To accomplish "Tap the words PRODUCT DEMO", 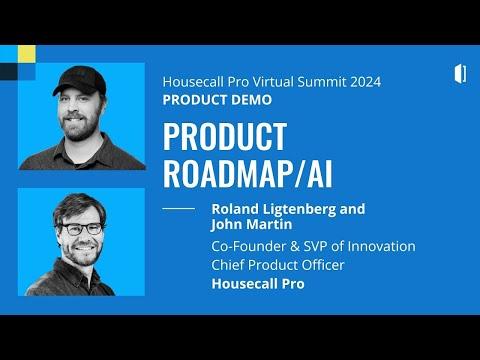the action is [217, 100].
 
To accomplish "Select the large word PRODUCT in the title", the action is [225, 136].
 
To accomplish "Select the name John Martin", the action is [252, 224].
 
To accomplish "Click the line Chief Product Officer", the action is [278, 265].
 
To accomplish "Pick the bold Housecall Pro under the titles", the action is [258, 284].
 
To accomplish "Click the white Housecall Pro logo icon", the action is [460, 73].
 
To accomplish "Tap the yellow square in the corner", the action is [27, 54].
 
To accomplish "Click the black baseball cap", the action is [80, 80].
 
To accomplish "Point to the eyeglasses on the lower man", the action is [82, 229].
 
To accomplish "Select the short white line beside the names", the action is [179, 209].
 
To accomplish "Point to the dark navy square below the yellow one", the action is [9, 72].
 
